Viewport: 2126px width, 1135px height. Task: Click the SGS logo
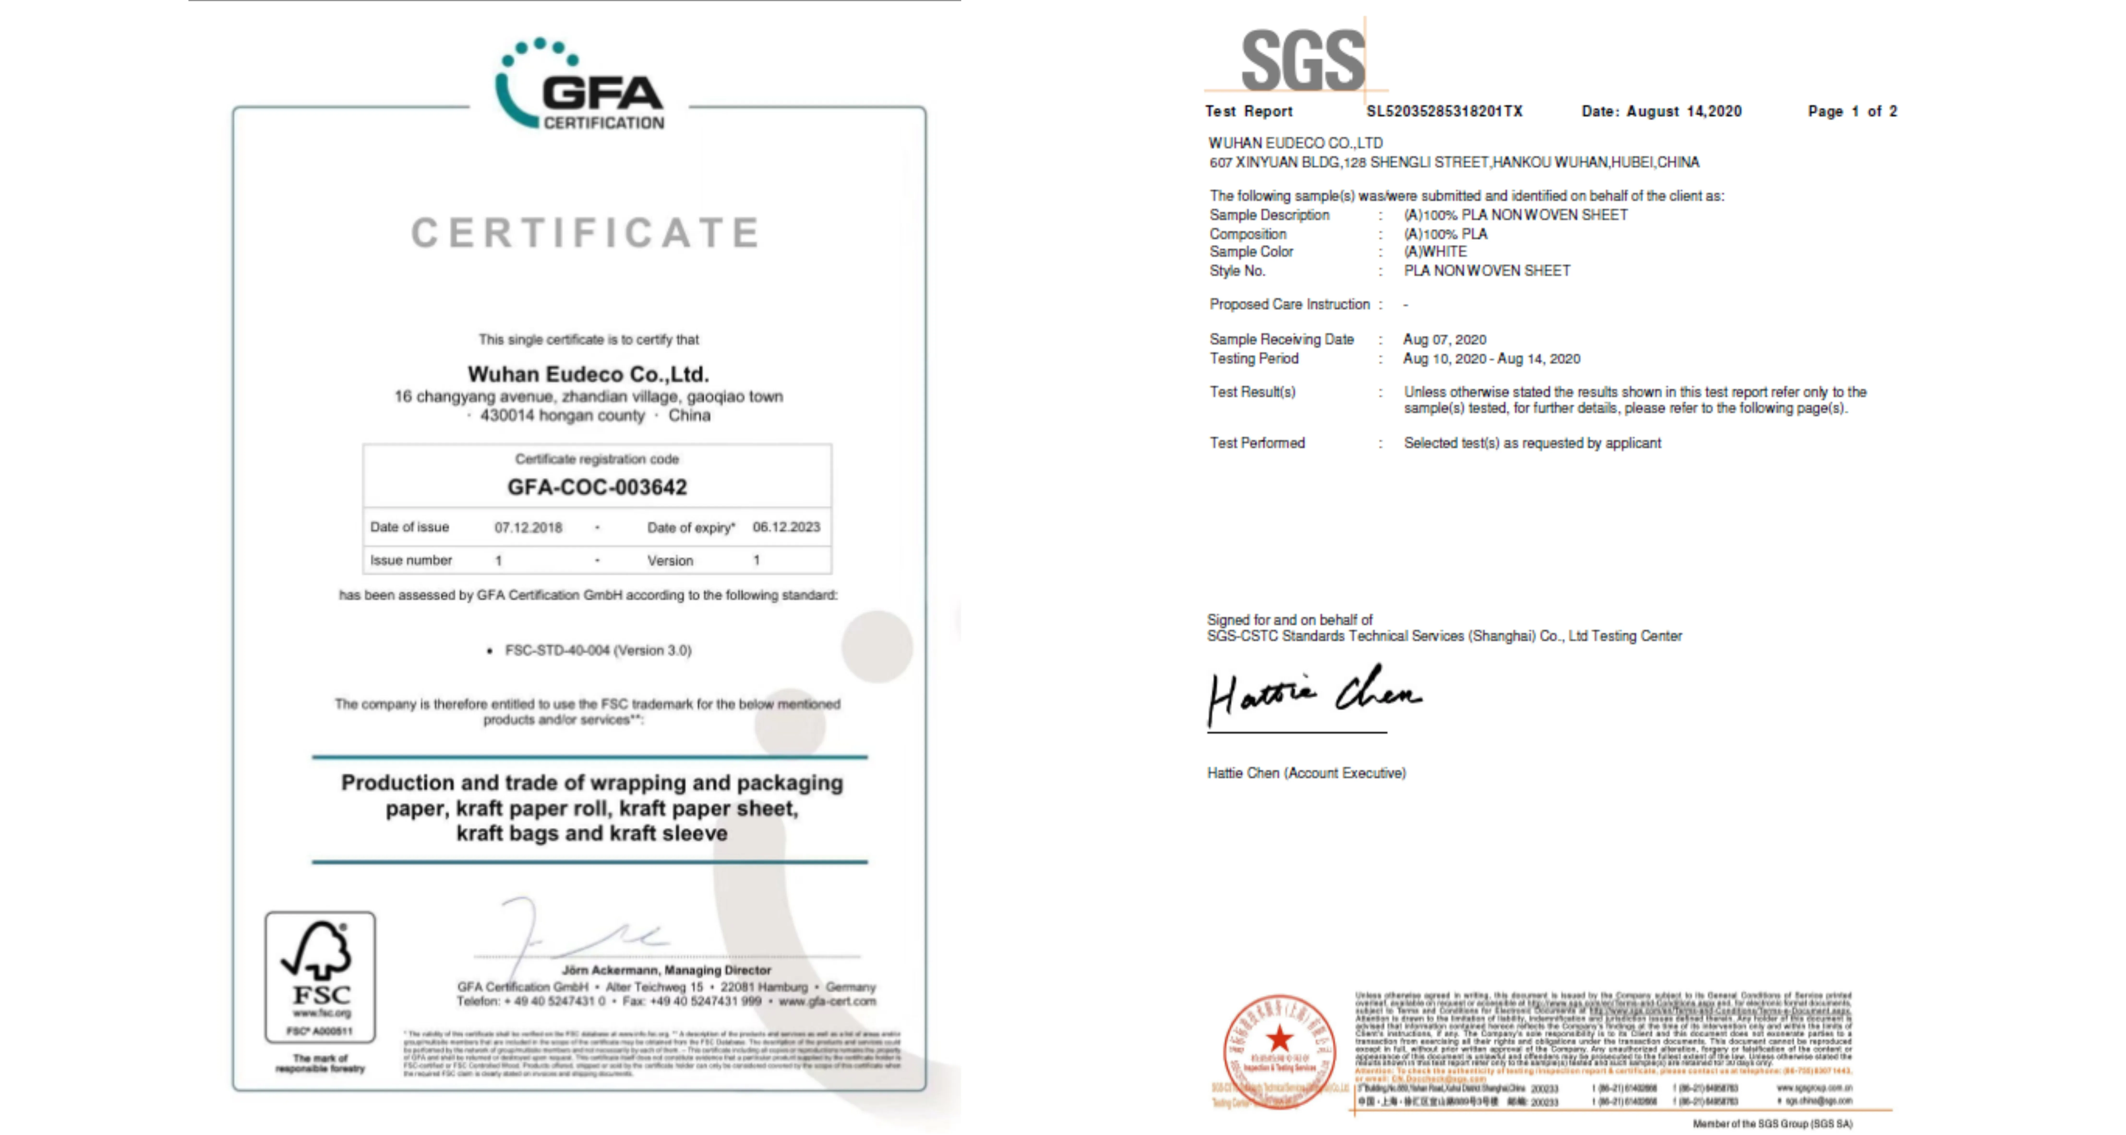tap(1302, 60)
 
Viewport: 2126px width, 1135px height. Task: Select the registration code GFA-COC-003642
tap(597, 487)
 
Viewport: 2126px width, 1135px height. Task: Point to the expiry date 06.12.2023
tap(786, 527)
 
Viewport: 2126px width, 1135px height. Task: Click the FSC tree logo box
tap(320, 977)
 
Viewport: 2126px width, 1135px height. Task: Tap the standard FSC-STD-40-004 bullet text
tap(598, 650)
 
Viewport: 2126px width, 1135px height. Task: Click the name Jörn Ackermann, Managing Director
tap(666, 970)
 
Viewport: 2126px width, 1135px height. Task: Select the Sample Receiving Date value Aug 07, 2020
tap(1444, 339)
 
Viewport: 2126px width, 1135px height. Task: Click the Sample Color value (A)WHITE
tap(1435, 252)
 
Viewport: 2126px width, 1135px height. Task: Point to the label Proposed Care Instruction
tap(1289, 305)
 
